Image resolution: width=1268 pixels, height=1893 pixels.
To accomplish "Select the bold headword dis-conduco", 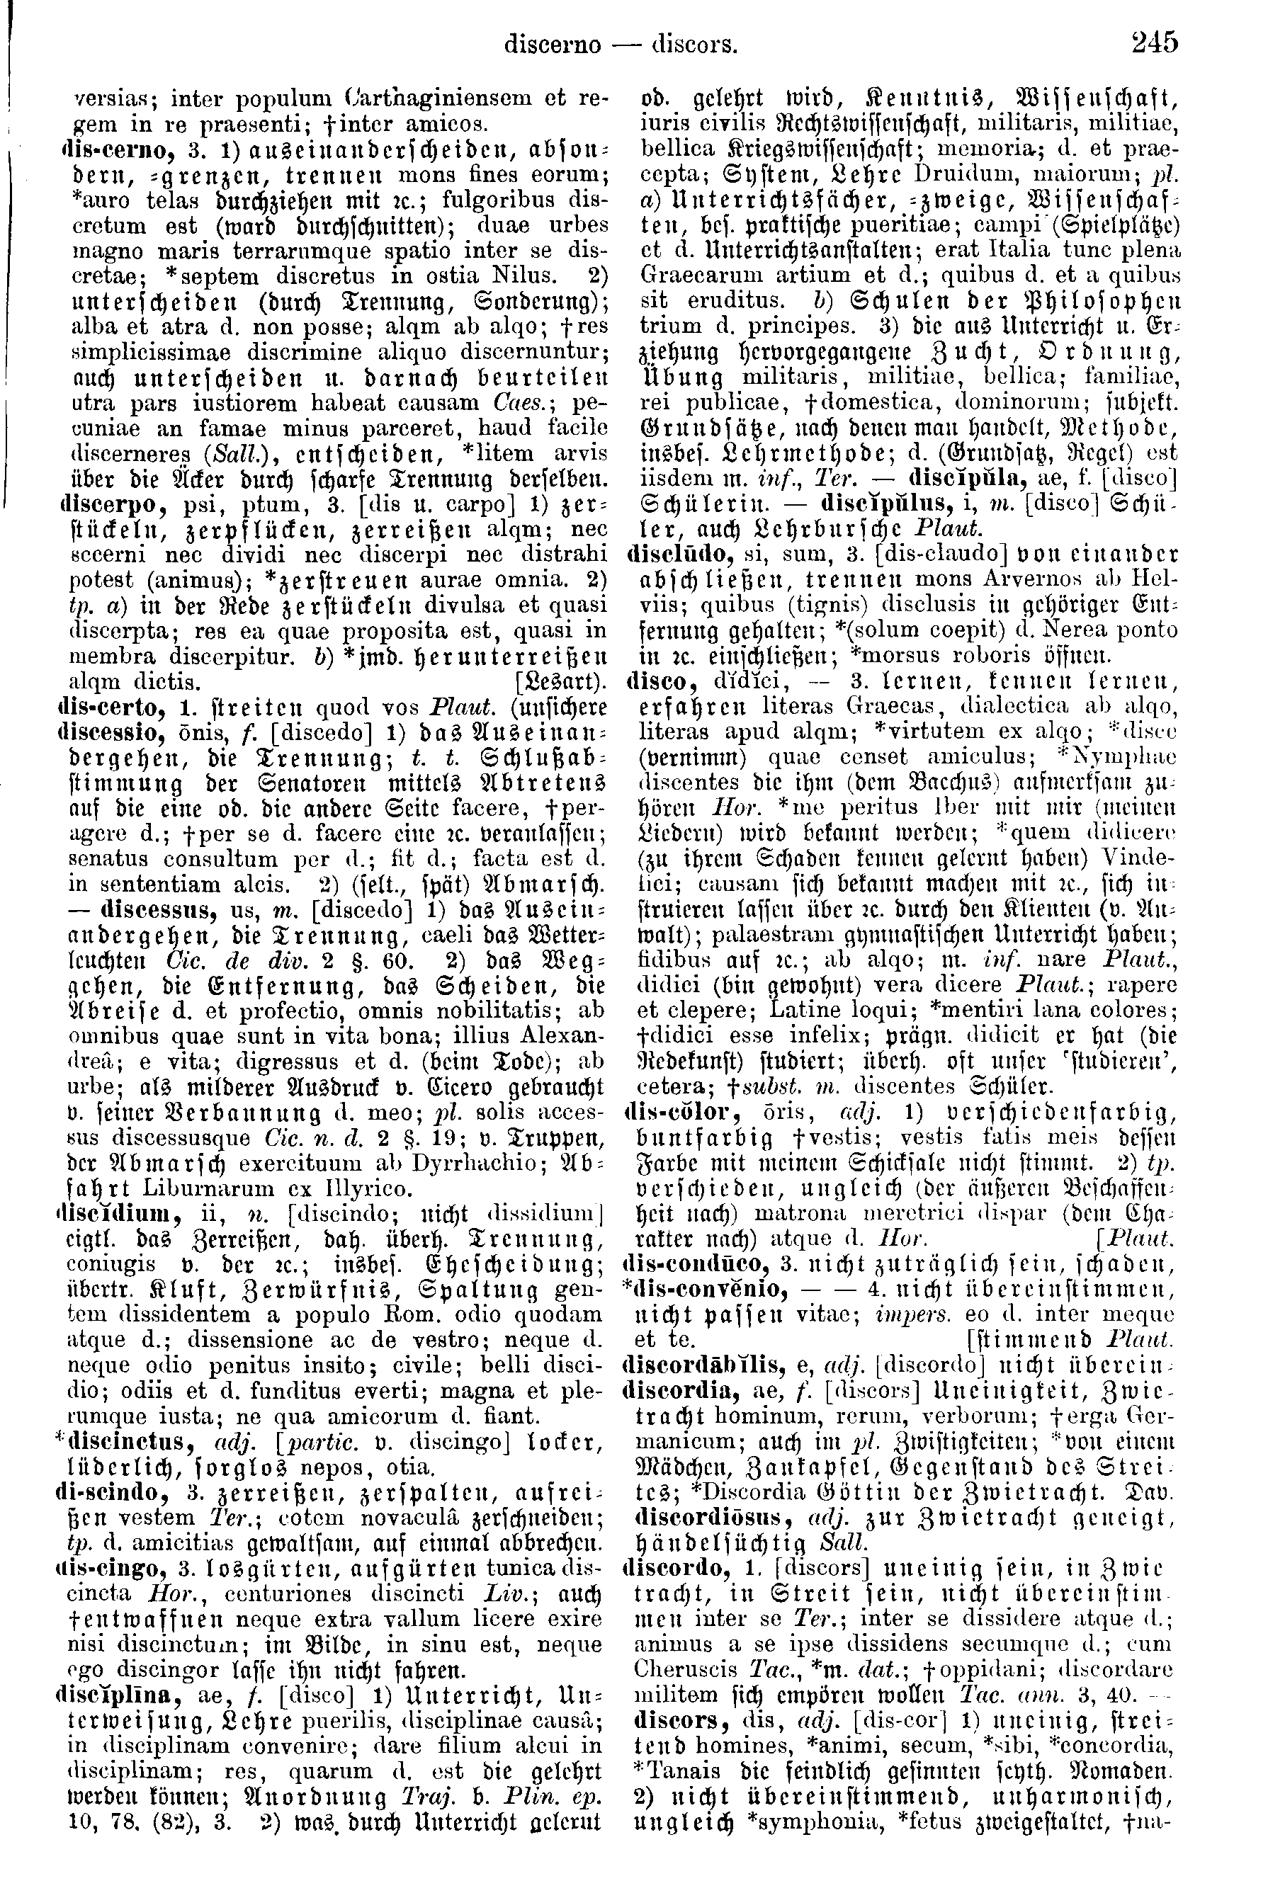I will click(x=692, y=1264).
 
